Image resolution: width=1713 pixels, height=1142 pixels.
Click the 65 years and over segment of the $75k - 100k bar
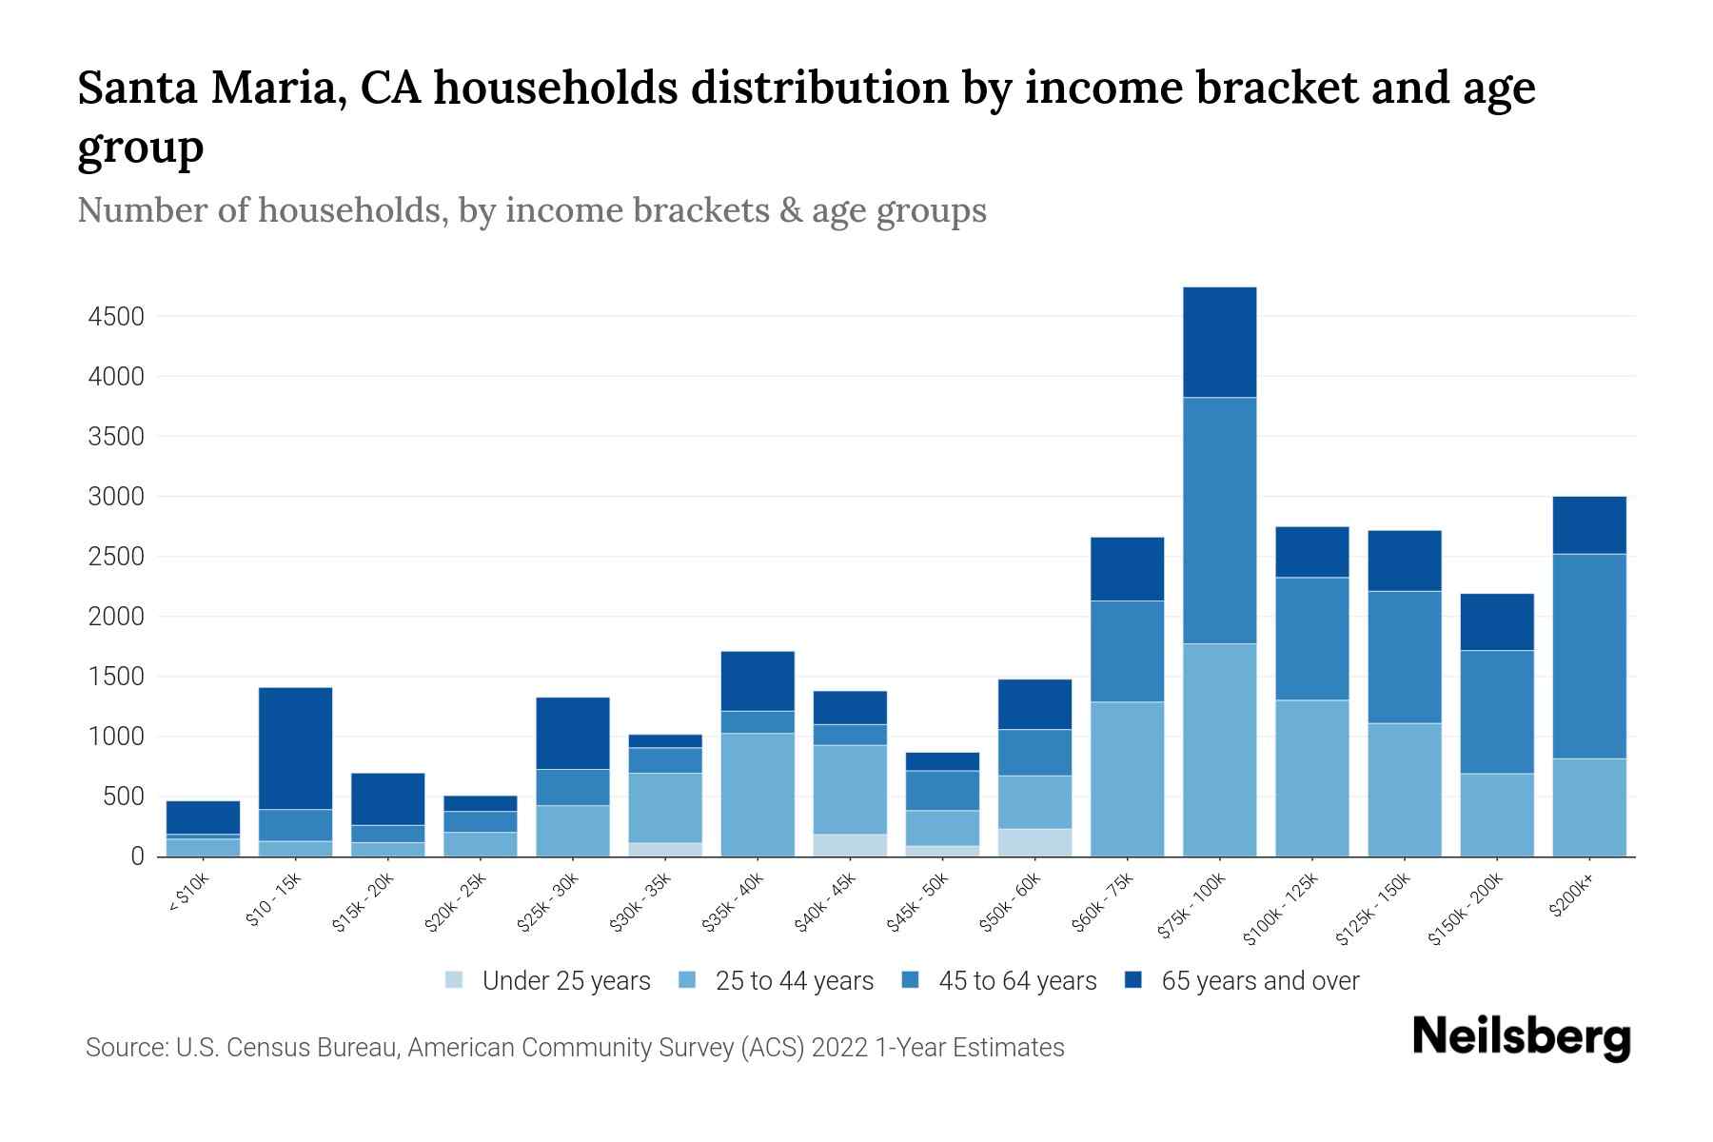1219,343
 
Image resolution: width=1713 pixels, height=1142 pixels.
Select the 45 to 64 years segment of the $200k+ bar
1588,657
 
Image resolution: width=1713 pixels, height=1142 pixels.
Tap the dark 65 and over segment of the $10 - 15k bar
295,748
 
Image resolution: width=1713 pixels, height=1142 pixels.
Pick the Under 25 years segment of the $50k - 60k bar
1034,842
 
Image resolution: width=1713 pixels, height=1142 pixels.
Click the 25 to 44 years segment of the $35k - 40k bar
758,795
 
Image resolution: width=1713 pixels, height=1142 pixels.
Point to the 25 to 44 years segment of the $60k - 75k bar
1127,778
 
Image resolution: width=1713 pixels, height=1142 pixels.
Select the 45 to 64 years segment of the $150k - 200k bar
1496,712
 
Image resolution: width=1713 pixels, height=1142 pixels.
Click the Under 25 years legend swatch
455,980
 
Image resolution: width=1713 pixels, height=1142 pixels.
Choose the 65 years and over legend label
1260,981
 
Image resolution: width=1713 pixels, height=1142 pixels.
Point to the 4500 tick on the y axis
116,317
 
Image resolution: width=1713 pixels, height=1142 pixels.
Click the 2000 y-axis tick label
116,617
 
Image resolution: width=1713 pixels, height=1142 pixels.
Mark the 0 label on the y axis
137,856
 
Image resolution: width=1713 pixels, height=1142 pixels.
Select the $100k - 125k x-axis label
1281,908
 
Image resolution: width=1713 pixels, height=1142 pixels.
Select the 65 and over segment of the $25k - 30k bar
573,734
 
